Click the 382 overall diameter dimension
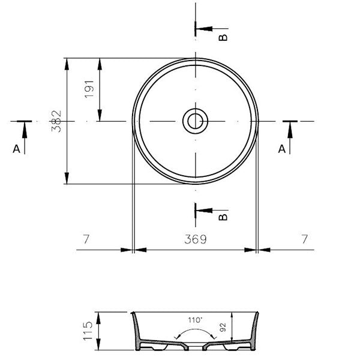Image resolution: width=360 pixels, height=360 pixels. tap(56, 121)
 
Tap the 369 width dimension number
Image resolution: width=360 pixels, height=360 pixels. tap(195, 239)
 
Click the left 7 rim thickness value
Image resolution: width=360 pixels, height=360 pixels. tap(86, 239)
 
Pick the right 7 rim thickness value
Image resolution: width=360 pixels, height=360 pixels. tap(305, 239)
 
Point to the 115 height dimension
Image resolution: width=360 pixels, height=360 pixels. tap(88, 331)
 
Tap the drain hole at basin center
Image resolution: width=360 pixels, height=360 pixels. tap(194, 121)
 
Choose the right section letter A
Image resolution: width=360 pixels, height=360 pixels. tap(281, 149)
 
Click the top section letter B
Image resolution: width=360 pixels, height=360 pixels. tap(223, 37)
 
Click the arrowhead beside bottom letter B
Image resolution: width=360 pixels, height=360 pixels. tap(201, 209)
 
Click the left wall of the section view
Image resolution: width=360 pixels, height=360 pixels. tap(136, 330)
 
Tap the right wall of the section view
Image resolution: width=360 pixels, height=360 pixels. tap(254, 330)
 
